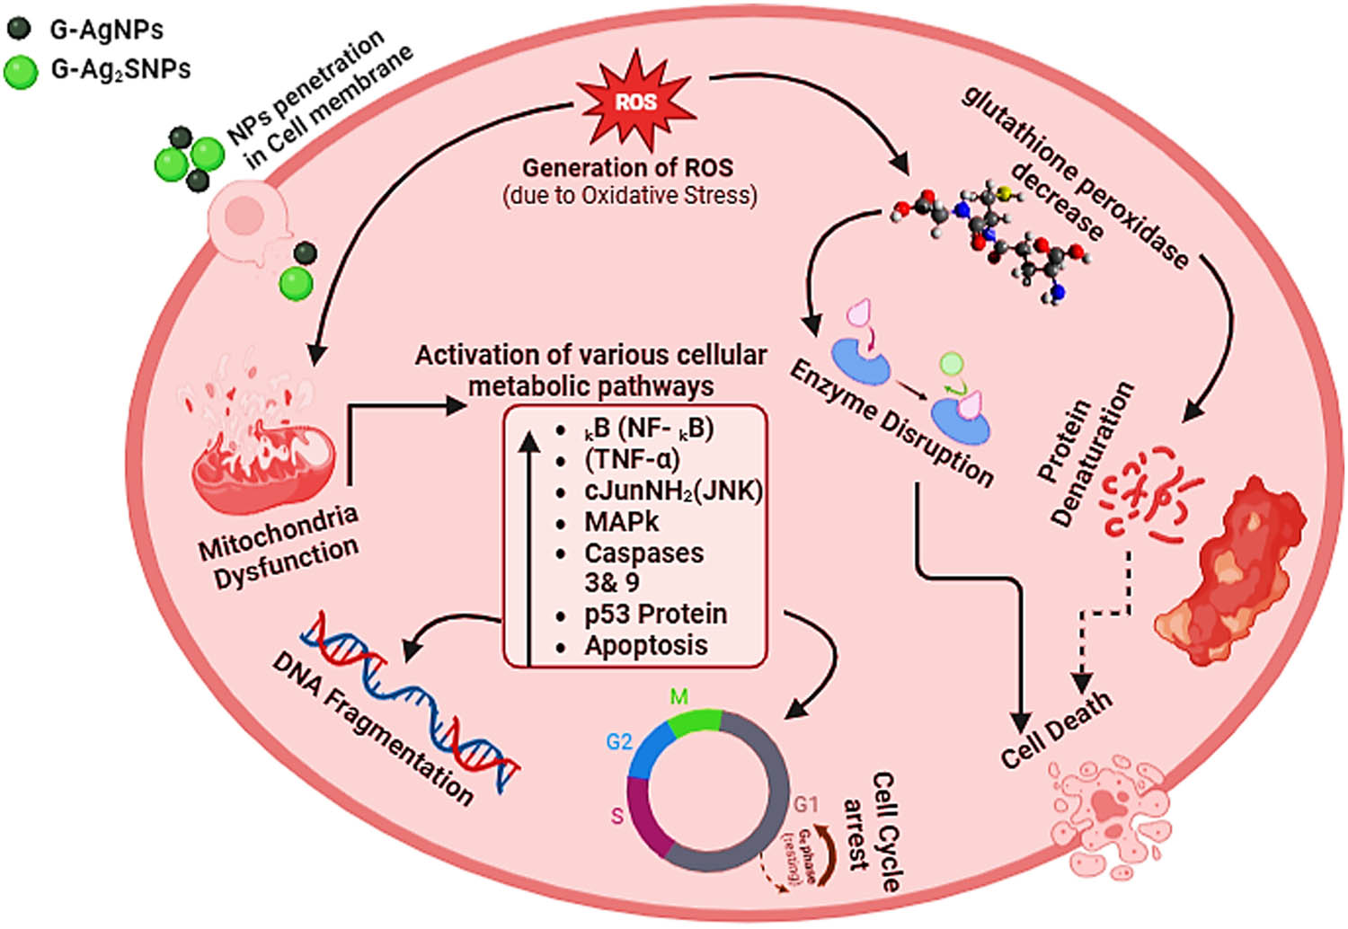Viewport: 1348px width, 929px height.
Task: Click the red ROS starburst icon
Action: click(635, 101)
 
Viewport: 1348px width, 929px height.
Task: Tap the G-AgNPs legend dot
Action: click(19, 29)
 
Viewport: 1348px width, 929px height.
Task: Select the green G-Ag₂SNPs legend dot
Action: click(20, 70)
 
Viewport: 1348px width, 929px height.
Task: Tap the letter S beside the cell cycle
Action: click(617, 816)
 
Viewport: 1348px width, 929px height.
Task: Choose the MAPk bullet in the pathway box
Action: click(621, 521)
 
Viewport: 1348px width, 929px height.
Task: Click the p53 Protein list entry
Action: click(655, 614)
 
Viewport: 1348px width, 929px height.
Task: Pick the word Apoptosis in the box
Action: click(645, 645)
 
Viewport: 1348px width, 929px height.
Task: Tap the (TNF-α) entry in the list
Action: click(632, 459)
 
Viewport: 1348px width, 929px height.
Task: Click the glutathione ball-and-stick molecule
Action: click(998, 238)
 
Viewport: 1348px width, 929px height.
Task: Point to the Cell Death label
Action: click(1056, 730)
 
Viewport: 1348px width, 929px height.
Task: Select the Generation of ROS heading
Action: click(627, 167)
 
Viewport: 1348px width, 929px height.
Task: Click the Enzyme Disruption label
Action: click(891, 422)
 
